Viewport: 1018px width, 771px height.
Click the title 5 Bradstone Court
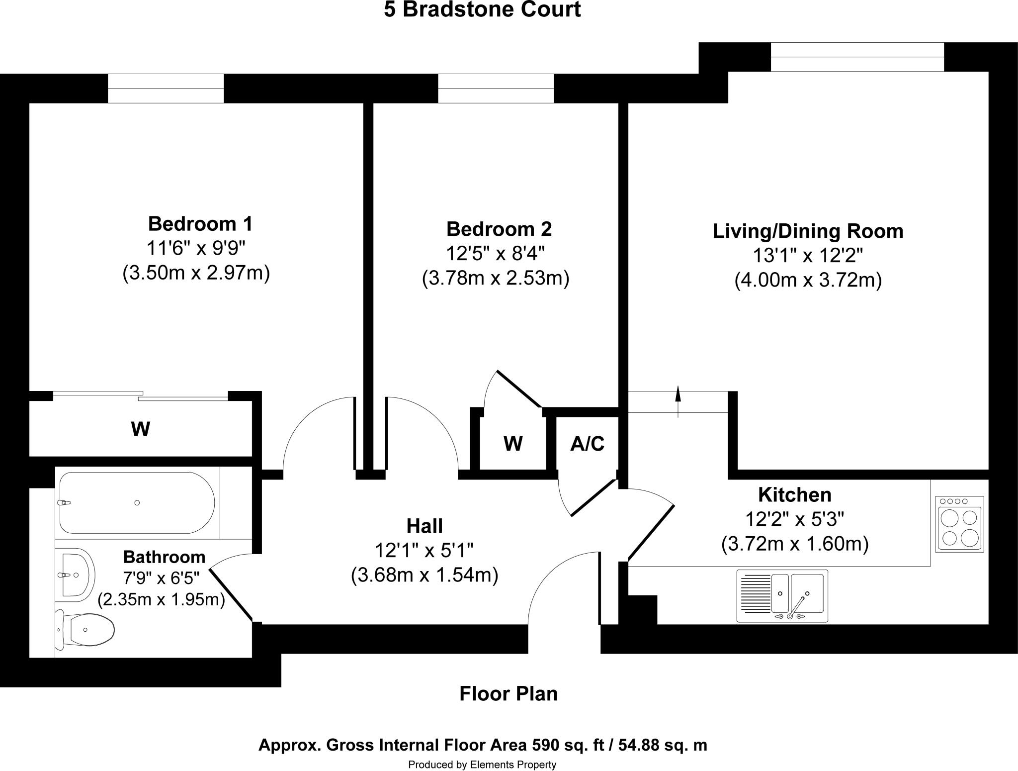[482, 10]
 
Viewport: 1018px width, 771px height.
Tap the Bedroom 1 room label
[200, 224]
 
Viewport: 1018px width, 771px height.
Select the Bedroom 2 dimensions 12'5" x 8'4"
[495, 254]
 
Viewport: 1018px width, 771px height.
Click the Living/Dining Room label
[808, 231]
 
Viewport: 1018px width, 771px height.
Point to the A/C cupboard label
[587, 444]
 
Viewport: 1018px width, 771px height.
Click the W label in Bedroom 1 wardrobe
[140, 429]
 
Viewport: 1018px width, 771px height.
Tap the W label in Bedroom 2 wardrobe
[513, 443]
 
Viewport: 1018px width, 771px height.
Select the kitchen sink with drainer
[782, 596]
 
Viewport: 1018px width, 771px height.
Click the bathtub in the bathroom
[137, 503]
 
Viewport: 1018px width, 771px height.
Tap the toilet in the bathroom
[87, 630]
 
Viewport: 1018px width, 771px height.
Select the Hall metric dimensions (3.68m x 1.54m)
[424, 576]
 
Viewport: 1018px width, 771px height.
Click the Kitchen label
[794, 495]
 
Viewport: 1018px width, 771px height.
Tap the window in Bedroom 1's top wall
[166, 89]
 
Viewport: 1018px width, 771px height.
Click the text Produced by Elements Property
[482, 765]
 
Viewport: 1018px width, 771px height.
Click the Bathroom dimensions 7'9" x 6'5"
[162, 578]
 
